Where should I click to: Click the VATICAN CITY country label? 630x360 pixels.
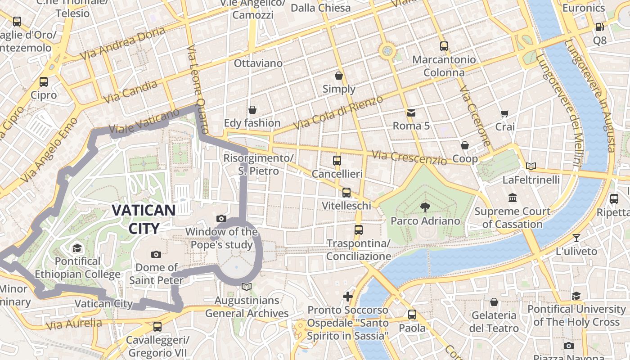144,219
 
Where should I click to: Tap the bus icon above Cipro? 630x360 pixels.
44,82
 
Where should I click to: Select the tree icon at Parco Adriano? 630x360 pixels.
424,207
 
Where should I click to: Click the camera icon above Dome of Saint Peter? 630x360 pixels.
156,254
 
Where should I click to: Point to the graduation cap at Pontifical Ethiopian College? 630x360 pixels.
77,248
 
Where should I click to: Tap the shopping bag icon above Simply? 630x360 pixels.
339,76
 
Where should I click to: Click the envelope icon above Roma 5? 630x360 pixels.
411,112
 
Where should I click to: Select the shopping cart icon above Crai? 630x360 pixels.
504,113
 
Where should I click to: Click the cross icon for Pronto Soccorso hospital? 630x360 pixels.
347,296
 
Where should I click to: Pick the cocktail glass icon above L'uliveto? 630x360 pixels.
576,238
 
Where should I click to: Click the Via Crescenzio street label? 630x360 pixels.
409,157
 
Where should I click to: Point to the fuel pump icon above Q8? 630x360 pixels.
599,27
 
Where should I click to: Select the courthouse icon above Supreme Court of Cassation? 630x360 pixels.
512,198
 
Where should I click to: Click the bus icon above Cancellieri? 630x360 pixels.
337,160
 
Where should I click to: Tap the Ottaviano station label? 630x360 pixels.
258,63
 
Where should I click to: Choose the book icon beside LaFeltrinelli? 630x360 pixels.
531,166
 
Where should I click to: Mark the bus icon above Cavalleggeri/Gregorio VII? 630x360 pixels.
157,326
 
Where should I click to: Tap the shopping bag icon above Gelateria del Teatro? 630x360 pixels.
494,302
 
